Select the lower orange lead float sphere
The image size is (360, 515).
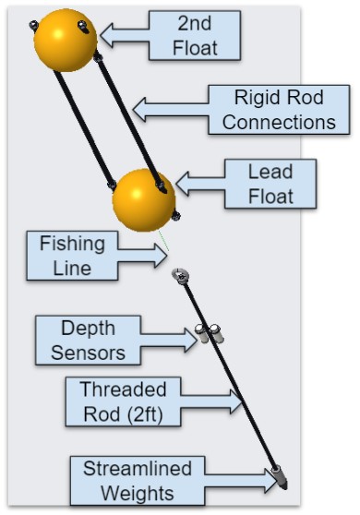pos(143,199)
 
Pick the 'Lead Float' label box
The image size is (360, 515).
pos(270,183)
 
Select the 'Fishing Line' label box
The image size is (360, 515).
pos(72,256)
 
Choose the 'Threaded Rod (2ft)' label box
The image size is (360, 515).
pos(123,401)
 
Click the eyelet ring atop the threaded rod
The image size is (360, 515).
pos(181,274)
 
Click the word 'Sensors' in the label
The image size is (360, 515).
pos(94,352)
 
